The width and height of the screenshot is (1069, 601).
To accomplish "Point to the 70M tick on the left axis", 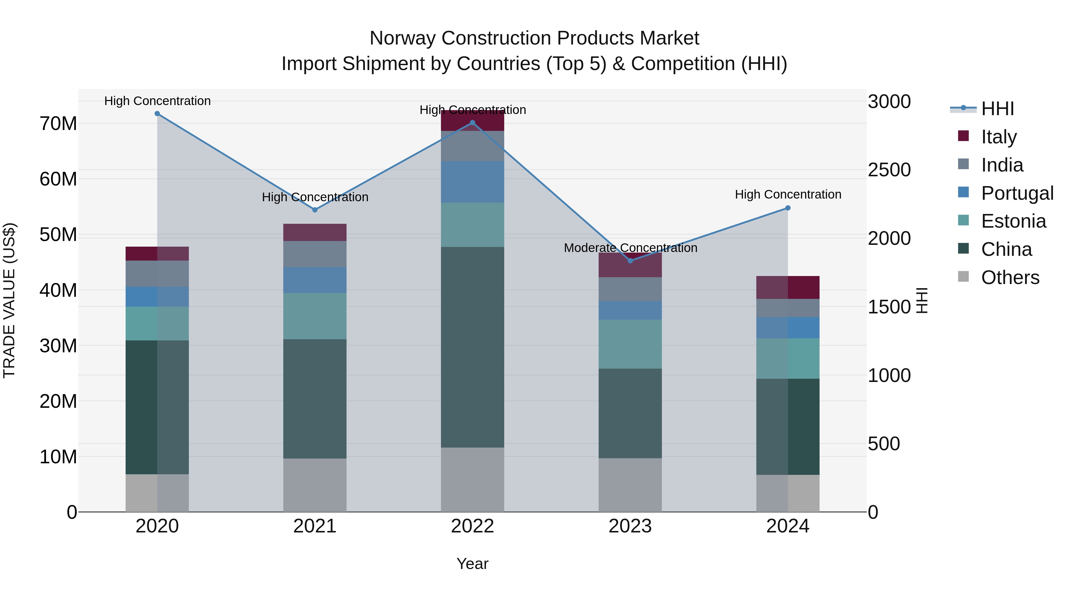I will [58, 123].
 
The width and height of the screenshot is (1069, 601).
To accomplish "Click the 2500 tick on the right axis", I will [889, 170].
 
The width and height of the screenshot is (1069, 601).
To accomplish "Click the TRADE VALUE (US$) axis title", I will [9, 300].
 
